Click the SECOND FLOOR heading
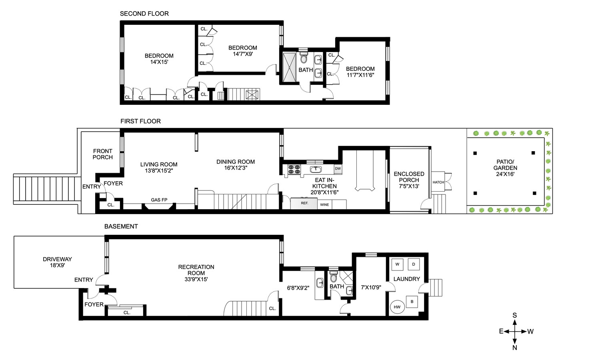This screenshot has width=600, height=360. [144, 14]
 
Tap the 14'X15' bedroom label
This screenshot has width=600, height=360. [159, 59]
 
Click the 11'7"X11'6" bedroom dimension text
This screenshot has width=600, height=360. [360, 75]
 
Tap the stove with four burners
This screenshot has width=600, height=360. [294, 169]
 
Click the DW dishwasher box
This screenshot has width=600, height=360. [338, 169]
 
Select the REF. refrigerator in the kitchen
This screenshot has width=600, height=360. [304, 203]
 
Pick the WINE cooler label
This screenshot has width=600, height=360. [324, 205]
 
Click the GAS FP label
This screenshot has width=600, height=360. [159, 200]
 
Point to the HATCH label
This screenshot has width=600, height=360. [438, 182]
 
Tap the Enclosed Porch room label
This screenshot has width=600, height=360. [409, 180]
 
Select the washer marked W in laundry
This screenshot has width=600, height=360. [397, 264]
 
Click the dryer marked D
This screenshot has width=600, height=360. [414, 264]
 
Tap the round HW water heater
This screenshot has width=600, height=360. [397, 307]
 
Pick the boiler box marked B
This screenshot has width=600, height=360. [412, 302]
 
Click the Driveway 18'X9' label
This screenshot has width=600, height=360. [57, 262]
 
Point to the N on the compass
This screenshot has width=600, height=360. [514, 348]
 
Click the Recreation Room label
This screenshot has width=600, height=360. [196, 273]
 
